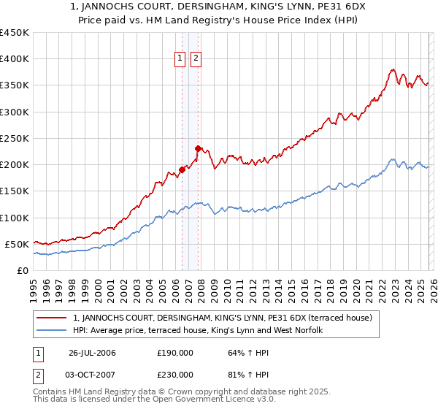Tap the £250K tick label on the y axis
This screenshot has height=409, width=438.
[14, 138]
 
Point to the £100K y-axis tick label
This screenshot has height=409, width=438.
[14, 218]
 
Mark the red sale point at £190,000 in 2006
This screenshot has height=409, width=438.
[182, 170]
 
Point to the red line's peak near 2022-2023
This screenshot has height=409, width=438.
[393, 70]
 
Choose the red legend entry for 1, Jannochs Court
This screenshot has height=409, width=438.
[223, 318]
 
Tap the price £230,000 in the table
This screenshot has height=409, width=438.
[174, 375]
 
